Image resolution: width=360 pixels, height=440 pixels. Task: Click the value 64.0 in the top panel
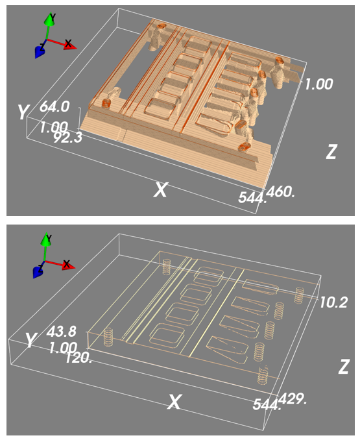[54, 107]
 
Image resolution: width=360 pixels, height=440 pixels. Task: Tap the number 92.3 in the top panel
[68, 138]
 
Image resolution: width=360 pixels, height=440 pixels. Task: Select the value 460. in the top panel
[280, 192]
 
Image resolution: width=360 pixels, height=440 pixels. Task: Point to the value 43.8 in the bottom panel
[61, 332]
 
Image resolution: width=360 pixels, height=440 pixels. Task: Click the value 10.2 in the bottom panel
[333, 302]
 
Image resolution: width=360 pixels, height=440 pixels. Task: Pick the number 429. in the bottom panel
[293, 398]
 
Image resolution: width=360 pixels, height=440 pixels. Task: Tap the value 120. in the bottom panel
[78, 358]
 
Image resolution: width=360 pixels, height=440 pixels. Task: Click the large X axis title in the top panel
[160, 189]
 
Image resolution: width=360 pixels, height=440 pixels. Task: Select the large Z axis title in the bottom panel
[343, 367]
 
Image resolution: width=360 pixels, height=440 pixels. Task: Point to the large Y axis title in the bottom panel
[30, 339]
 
